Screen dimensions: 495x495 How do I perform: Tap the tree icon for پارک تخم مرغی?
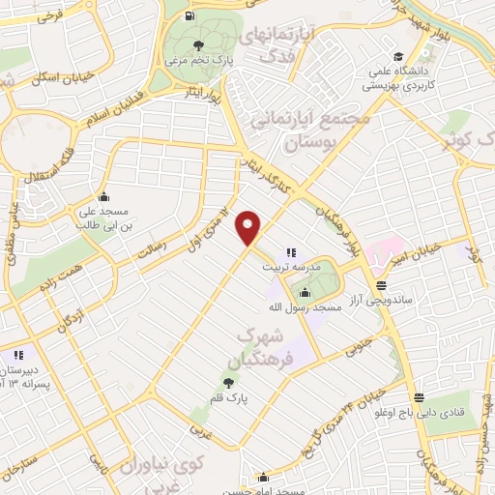point(198,45)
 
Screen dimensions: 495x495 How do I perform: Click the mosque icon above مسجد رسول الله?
point(306,292)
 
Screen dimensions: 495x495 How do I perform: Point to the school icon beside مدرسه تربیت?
point(291,252)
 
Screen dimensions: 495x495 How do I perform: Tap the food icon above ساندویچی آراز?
point(381,286)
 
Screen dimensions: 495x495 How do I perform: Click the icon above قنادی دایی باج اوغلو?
point(420,397)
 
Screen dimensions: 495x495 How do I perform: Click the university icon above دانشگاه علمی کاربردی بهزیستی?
point(396,56)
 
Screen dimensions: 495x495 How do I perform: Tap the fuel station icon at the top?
point(187,15)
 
